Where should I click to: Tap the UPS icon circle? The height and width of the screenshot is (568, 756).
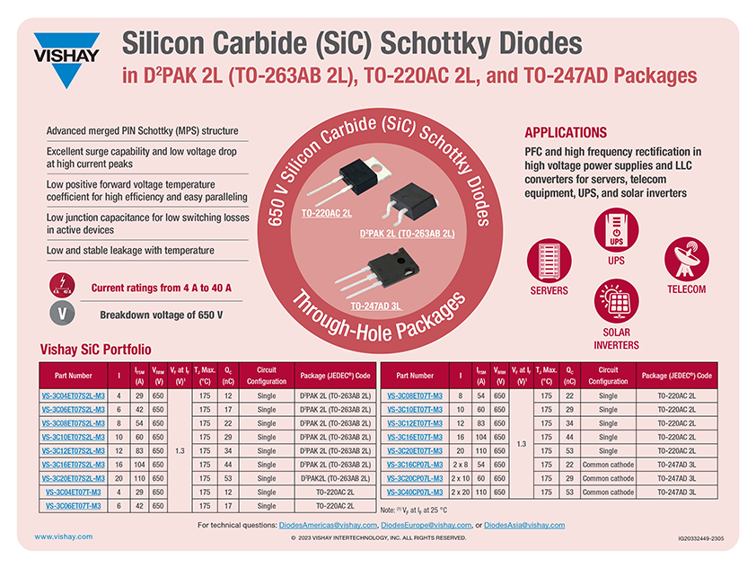616,230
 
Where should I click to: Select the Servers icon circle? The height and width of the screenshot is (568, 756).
549,261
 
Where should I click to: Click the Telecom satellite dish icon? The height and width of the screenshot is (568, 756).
686,261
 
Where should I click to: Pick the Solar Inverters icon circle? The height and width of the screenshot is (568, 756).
616,302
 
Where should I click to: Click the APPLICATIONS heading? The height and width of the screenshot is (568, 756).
566,132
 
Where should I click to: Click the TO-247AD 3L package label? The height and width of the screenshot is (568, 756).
375,306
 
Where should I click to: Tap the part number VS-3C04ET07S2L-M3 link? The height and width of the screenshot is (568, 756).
73,395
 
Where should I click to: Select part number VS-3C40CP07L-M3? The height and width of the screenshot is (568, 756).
415,492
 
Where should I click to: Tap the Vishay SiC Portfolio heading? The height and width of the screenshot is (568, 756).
96,349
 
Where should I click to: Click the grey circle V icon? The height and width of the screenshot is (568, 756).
61,315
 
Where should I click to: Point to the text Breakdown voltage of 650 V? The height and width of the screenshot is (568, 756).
161,315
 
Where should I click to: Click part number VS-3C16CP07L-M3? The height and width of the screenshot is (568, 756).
415,465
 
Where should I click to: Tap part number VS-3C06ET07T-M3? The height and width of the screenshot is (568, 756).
73,506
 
